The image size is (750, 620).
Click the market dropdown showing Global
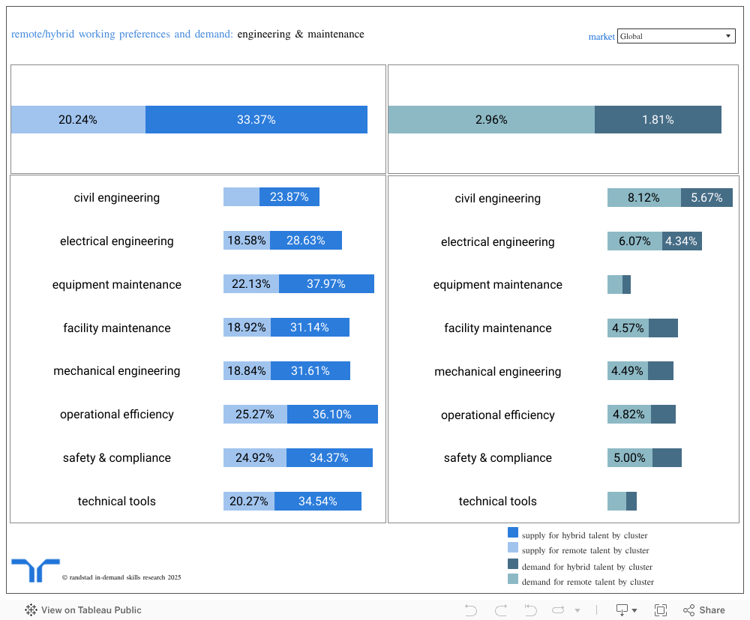[x=676, y=36]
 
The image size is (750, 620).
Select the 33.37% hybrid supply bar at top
[x=256, y=120]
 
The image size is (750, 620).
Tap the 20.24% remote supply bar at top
[x=78, y=120]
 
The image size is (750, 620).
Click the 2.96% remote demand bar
[x=491, y=120]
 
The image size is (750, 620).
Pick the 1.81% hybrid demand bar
[x=658, y=120]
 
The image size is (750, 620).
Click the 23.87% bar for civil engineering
[x=289, y=197]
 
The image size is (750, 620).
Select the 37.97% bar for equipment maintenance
[x=326, y=284]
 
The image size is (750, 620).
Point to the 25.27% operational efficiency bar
[x=255, y=415]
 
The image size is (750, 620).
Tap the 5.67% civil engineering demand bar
[x=706, y=198]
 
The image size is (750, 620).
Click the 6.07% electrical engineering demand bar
[x=634, y=241]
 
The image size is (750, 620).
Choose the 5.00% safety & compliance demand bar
[x=630, y=458]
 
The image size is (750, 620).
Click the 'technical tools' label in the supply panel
[x=117, y=502]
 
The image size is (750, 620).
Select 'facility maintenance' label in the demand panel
[x=497, y=328]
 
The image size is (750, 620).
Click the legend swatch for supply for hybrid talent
[x=513, y=532]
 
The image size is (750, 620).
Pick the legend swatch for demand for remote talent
[x=513, y=579]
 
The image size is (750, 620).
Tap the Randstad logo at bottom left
[x=35, y=570]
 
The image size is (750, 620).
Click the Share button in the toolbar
[x=704, y=610]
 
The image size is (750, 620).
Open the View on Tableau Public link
[x=83, y=610]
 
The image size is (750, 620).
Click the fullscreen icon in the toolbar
[x=661, y=610]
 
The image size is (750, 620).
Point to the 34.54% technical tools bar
[x=318, y=502]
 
